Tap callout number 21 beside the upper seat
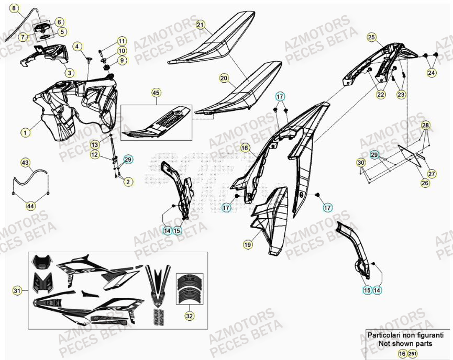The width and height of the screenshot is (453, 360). coord(200,25)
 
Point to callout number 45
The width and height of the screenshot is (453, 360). coord(156,93)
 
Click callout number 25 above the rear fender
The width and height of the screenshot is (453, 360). coord(371,37)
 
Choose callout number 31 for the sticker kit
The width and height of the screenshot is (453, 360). coord(17,290)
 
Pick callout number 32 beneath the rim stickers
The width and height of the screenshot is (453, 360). coord(188,316)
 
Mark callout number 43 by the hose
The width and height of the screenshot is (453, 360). coord(25,162)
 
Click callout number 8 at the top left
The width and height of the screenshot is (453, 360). coord(15,8)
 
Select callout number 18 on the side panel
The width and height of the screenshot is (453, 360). coord(245,148)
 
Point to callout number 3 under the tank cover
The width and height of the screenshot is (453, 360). coord(70,72)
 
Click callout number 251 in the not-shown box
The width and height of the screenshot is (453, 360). coord(413,354)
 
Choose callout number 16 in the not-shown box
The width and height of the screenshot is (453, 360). coord(402,354)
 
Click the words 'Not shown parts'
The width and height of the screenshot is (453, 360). coord(405,344)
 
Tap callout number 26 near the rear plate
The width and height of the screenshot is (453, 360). coord(425,183)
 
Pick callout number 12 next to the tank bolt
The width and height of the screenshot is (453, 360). coord(94,154)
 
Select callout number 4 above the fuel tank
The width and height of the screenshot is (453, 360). coord(78,47)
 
